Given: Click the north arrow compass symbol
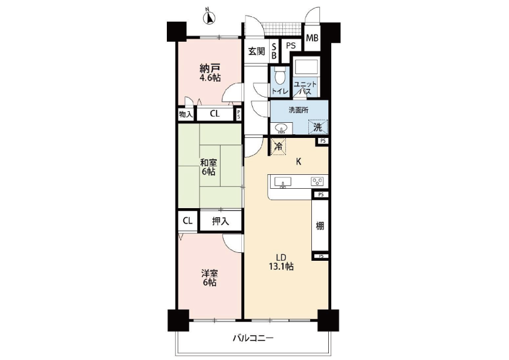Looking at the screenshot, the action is pos(209,17).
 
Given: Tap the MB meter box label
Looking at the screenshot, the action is pos(313,38).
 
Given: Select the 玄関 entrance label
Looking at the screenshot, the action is pos(256,51).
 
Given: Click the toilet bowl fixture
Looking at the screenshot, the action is pos(279,77).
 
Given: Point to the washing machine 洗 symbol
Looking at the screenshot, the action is pos(318,127).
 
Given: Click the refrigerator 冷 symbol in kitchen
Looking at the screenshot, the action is pos(278,146).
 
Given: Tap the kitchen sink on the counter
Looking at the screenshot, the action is pos(283,182).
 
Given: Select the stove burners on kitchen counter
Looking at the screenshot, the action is pos(317,182).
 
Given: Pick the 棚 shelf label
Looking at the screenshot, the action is pos(320,226).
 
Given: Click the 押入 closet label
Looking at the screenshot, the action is pos(221,221).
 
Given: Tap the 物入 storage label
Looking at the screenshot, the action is pos(186,114).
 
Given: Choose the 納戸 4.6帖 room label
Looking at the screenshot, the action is pos(210,73).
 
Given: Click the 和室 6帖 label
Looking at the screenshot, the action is pos(209,166).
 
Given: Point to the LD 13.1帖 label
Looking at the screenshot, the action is pos(280,261).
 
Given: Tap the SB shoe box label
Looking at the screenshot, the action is pos(274,51).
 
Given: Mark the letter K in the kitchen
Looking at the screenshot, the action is pos(298,162).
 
